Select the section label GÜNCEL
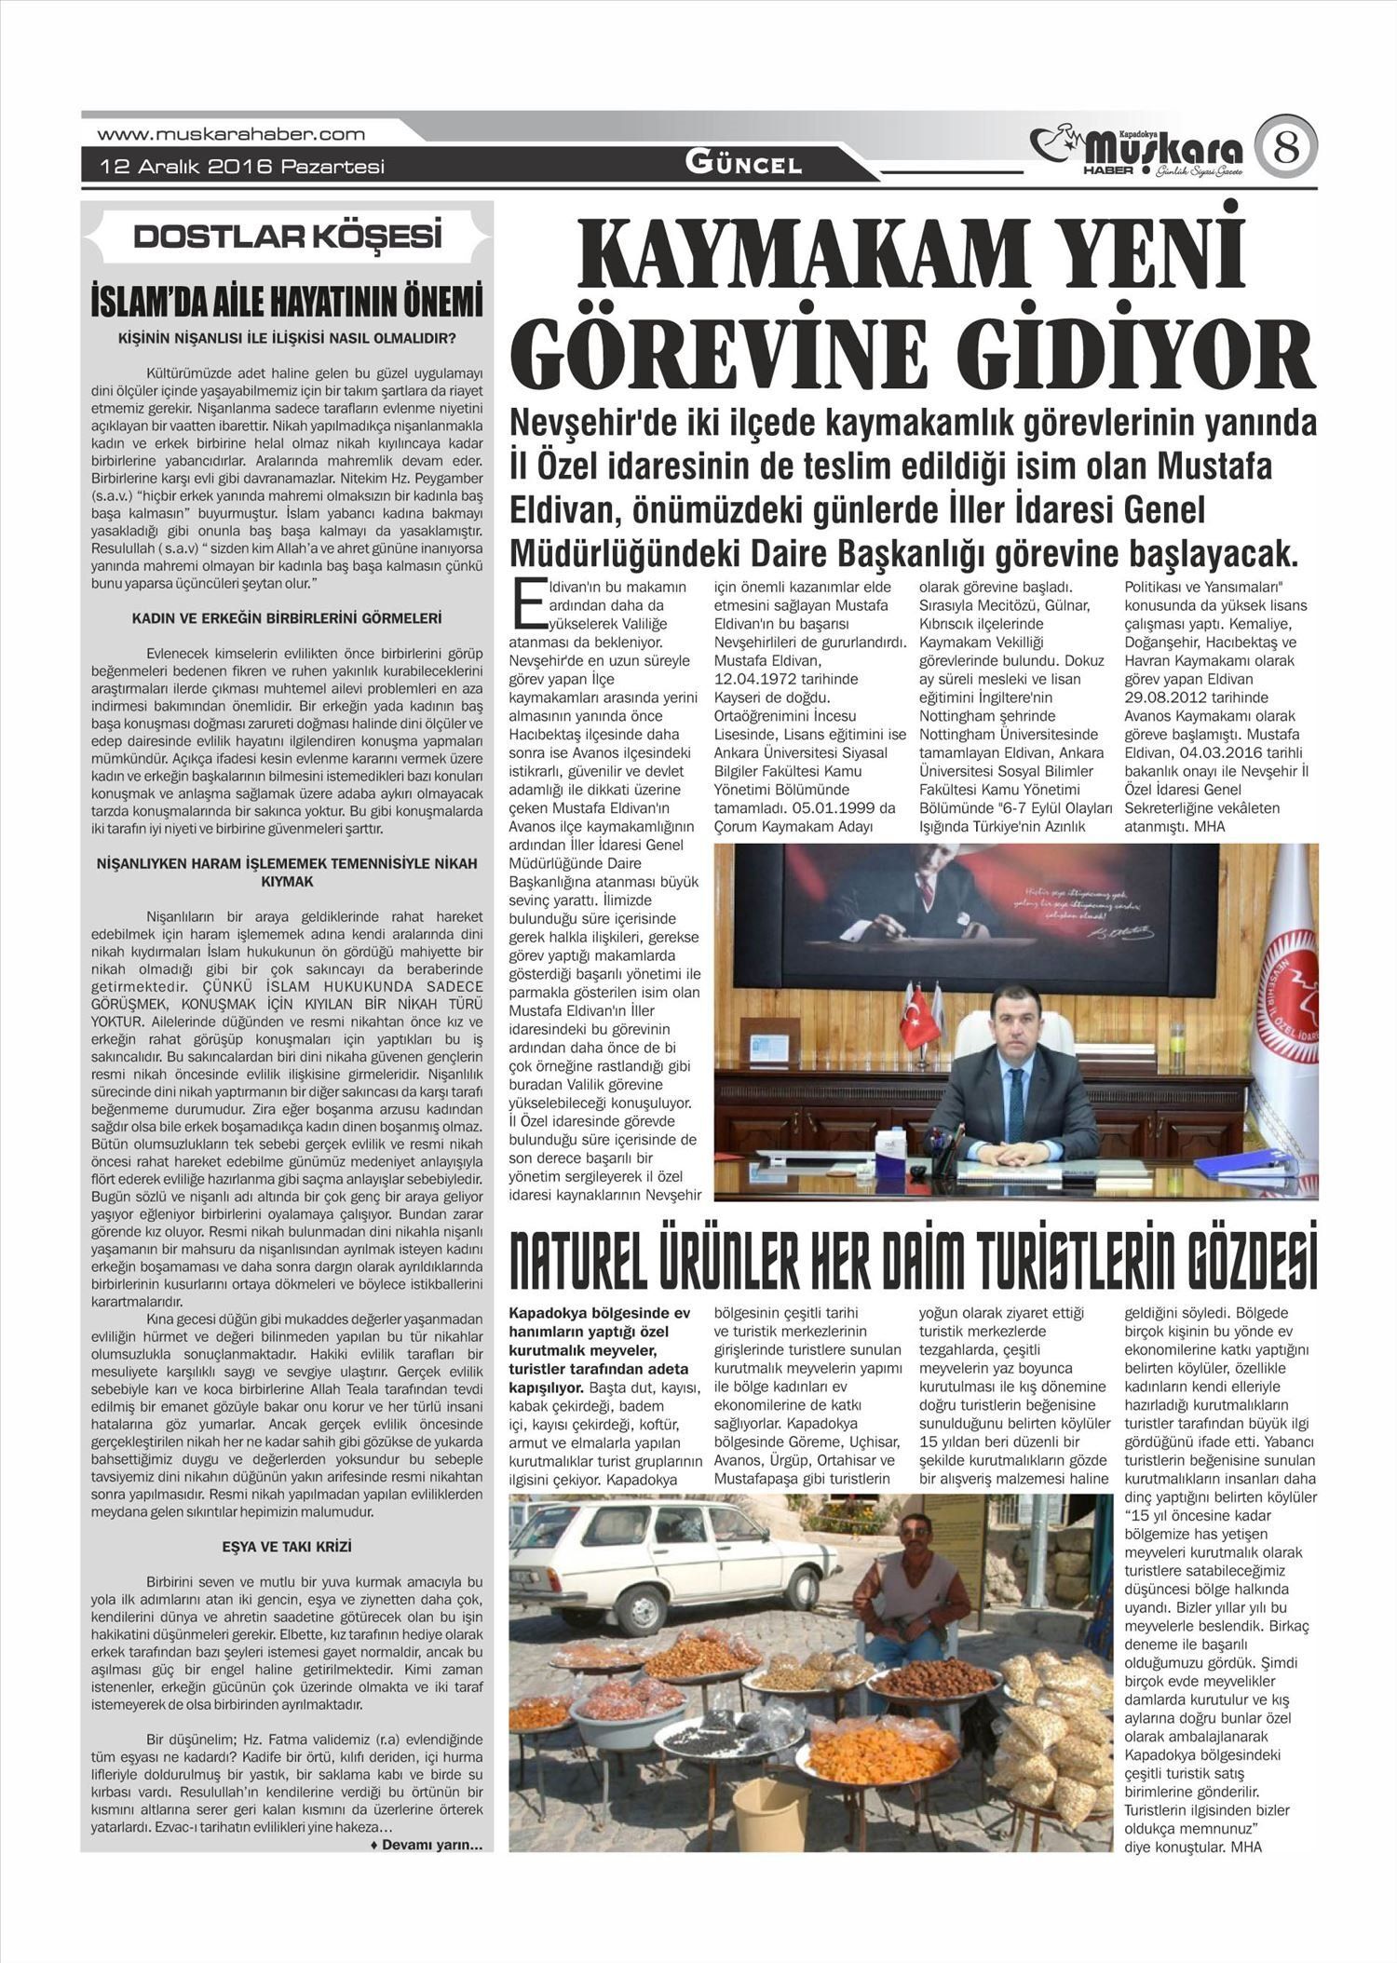coord(743,164)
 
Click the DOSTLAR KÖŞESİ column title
coord(287,237)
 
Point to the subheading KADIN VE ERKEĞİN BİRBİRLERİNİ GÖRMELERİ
coord(287,618)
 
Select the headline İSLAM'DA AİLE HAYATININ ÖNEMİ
coord(287,304)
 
